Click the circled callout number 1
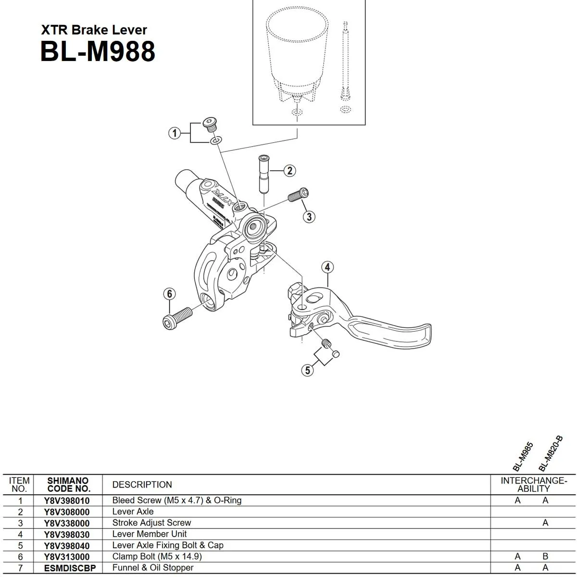(x=175, y=133)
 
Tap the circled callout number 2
(x=289, y=171)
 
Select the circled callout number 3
(x=309, y=217)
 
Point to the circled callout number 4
(x=327, y=267)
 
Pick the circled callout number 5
(x=307, y=370)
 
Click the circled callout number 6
(x=169, y=294)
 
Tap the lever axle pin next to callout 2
(x=263, y=173)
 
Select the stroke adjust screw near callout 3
(x=298, y=195)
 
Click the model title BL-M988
(x=98, y=51)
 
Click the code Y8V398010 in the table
(x=67, y=501)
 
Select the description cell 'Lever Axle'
(x=133, y=512)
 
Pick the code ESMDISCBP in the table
(x=70, y=568)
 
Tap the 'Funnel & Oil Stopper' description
(x=153, y=567)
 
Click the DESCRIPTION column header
(x=142, y=485)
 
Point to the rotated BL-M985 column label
(x=523, y=457)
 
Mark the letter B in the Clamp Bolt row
(x=545, y=556)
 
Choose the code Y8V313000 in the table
(x=67, y=557)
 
